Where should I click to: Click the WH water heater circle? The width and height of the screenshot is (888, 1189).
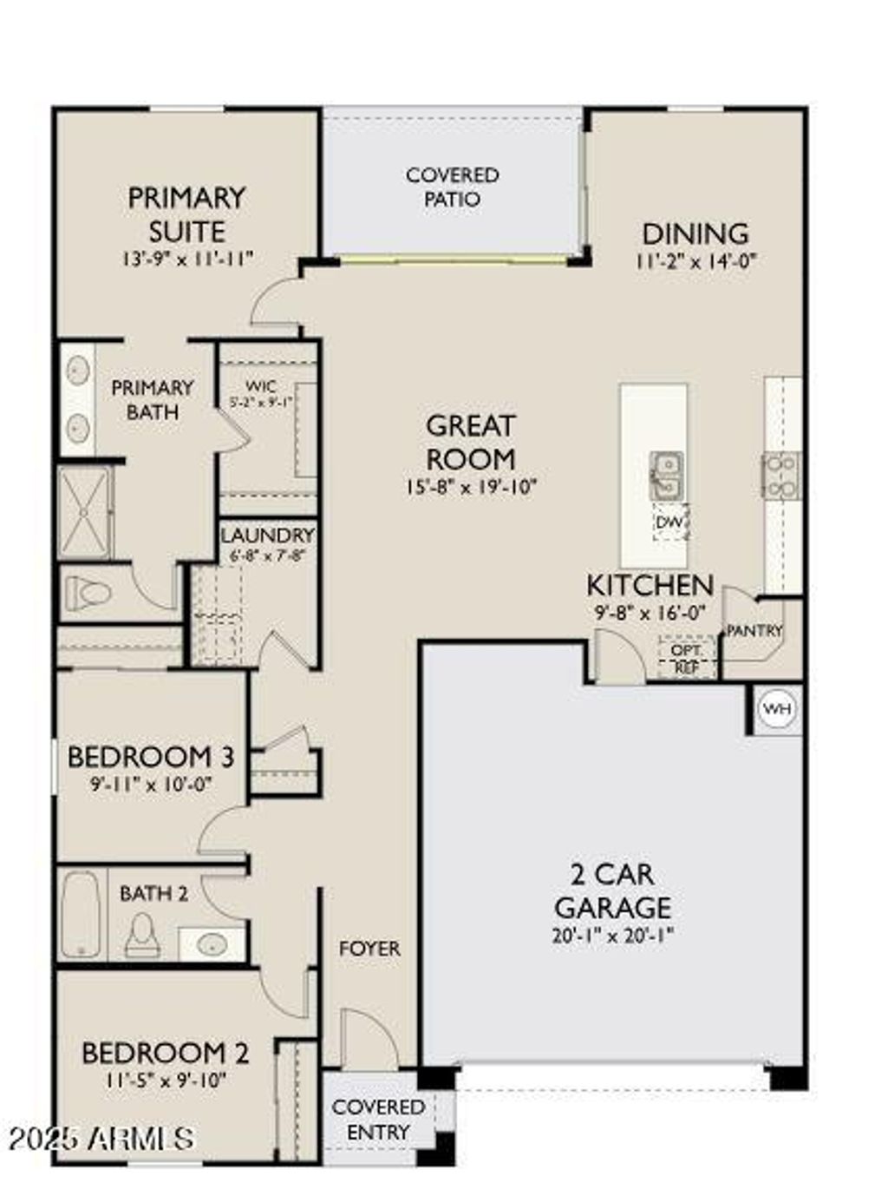point(776,709)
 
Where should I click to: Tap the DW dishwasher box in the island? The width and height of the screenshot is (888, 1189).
point(670,522)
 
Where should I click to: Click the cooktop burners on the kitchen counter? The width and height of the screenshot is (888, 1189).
point(780,476)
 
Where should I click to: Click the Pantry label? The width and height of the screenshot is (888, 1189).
point(754,631)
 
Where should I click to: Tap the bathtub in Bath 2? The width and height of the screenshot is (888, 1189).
point(81,914)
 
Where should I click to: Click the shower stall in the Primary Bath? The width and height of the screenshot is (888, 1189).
point(84,513)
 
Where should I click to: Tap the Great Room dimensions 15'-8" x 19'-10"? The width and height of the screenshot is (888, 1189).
point(471,487)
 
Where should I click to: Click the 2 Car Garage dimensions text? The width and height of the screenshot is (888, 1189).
point(612,936)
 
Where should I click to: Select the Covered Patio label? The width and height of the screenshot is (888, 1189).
point(452,187)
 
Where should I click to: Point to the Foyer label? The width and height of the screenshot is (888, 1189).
point(369,949)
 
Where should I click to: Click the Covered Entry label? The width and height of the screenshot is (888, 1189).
point(378,1120)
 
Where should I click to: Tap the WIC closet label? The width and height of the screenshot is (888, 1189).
point(261,386)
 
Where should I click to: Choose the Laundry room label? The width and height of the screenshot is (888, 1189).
point(266,535)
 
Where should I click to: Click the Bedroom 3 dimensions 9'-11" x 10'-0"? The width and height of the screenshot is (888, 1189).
point(152,784)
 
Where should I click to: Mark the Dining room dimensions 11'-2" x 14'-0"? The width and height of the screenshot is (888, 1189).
point(695,261)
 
